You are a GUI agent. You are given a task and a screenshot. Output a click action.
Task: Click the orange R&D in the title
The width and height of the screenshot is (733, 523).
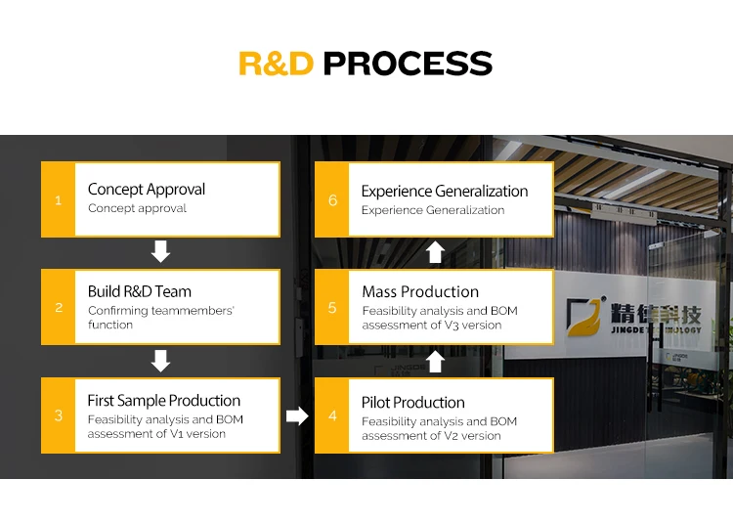(x=276, y=64)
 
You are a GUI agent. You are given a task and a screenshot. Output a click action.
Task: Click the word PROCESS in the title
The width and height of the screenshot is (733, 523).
(x=408, y=64)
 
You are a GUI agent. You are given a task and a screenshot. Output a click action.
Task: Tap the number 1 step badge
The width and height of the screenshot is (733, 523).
(x=59, y=199)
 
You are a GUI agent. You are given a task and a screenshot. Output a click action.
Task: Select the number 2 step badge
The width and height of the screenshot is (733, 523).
(x=59, y=307)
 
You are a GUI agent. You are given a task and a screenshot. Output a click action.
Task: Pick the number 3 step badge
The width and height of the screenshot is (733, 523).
(x=59, y=415)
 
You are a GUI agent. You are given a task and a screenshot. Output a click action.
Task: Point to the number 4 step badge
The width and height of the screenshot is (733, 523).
(x=332, y=415)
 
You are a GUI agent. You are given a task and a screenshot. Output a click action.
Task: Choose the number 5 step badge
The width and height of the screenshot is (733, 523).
(x=332, y=307)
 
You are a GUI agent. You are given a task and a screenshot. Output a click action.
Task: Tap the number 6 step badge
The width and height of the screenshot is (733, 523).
(x=332, y=199)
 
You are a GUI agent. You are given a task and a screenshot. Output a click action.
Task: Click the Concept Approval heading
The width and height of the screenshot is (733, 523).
(x=147, y=190)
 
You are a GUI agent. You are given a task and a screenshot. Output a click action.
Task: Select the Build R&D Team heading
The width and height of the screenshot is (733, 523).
(x=140, y=291)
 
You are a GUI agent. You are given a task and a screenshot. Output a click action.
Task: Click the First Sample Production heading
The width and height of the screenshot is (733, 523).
(x=163, y=401)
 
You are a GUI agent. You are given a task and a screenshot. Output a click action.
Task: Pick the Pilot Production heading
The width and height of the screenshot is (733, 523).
(x=412, y=403)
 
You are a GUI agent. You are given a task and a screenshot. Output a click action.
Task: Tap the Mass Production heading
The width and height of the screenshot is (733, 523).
(x=420, y=291)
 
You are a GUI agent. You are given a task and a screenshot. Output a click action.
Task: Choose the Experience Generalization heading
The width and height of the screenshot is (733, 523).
(x=445, y=192)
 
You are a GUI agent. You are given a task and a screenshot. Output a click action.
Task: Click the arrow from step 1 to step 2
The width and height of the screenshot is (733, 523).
(x=160, y=251)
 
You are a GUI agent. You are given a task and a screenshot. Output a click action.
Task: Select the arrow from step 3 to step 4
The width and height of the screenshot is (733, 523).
(x=297, y=415)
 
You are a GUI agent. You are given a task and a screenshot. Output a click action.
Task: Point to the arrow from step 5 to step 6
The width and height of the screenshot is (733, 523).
(x=435, y=252)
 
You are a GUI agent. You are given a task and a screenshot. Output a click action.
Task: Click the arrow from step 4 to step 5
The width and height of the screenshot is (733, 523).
(x=435, y=362)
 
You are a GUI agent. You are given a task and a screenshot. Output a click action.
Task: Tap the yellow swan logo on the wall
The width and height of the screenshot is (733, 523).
(x=584, y=318)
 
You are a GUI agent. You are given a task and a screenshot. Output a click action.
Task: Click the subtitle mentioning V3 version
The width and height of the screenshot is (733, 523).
(x=440, y=318)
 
